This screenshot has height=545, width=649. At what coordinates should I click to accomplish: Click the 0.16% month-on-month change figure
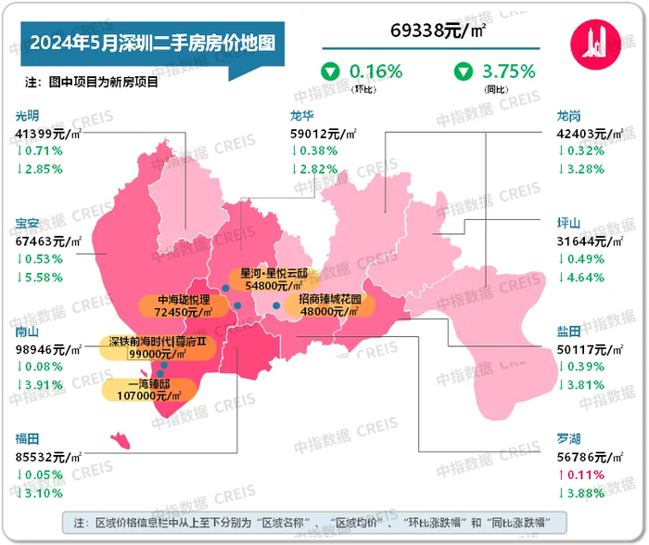(375, 71)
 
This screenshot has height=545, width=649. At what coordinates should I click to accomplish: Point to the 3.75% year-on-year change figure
(509, 71)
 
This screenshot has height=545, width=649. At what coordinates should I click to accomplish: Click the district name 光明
(28, 117)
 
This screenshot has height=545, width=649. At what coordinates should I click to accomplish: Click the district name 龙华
(304, 117)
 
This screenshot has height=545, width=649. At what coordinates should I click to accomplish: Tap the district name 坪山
(568, 224)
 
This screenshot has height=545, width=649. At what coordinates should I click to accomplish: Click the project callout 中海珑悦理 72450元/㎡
(185, 306)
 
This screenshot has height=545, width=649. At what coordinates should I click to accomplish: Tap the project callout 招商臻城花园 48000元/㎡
(330, 306)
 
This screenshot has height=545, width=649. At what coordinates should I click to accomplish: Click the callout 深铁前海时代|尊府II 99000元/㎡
(156, 347)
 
